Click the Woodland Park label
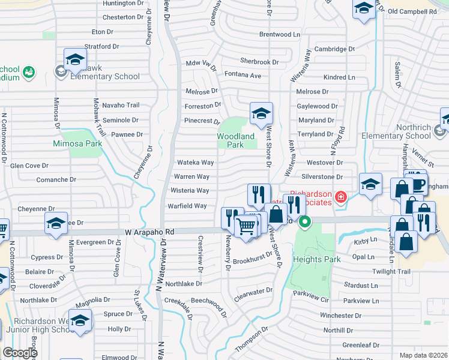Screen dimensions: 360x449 [235, 140]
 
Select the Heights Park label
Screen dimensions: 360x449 [316, 259]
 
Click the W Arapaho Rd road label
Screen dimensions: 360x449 [149, 232]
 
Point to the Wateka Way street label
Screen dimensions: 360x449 [195, 163]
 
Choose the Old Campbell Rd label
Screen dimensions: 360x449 [412, 11]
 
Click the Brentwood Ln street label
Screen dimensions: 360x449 [279, 35]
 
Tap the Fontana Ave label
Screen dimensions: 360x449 [243, 76]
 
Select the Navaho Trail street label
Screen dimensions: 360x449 [121, 106]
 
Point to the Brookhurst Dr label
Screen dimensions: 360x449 [253, 261]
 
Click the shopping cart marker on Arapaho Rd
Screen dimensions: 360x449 [246, 227]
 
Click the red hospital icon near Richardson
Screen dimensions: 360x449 [341, 197]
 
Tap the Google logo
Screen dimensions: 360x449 [20, 353]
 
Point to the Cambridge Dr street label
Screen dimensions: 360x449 [334, 49]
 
